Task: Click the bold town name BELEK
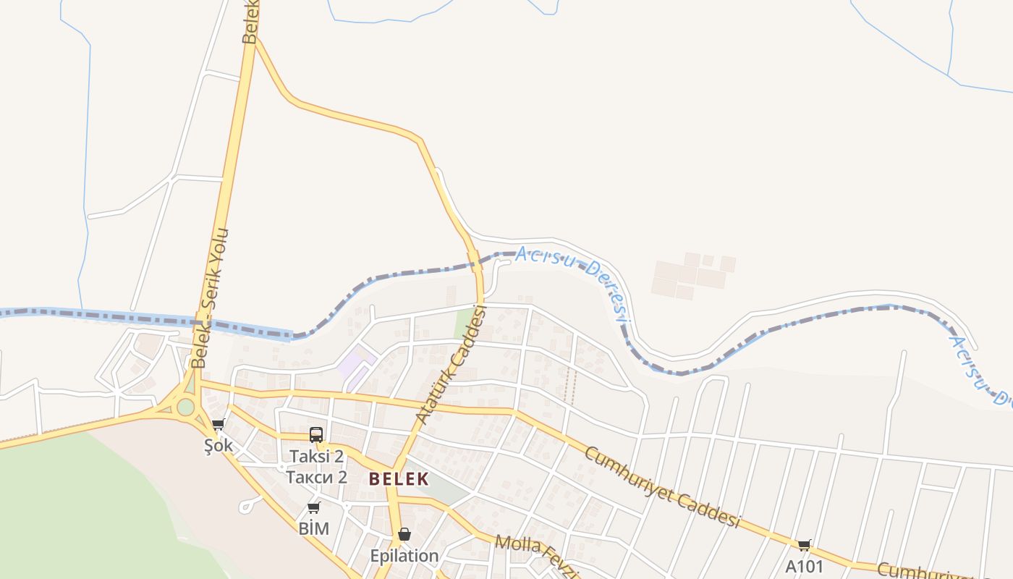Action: (399, 479)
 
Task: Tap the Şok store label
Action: (218, 445)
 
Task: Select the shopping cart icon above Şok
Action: (218, 424)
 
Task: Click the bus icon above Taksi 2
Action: (316, 434)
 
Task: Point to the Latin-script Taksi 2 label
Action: (316, 457)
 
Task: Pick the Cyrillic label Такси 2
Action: (316, 477)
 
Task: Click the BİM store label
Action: (313, 529)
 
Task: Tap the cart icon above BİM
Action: (313, 507)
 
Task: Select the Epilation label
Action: (404, 556)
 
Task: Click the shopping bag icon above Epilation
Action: (404, 534)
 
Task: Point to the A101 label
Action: (804, 566)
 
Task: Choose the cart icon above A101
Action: (804, 545)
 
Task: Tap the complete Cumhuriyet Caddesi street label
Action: (662, 487)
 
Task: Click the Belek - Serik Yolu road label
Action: (211, 297)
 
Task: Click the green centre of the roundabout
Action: (186, 407)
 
